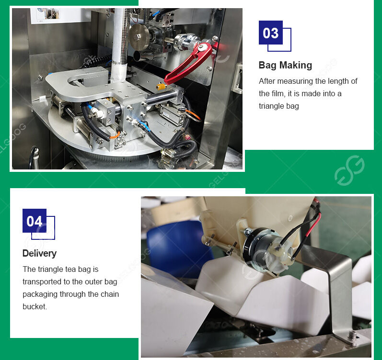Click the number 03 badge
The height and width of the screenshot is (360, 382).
click(271, 33)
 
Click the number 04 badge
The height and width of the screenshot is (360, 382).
click(35, 221)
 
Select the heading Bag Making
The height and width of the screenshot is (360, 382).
click(285, 65)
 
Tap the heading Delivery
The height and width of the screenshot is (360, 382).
click(39, 253)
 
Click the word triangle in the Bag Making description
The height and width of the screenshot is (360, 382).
click(272, 106)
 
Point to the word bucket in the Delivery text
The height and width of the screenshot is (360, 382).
click(35, 306)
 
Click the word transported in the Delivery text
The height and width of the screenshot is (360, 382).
click(43, 281)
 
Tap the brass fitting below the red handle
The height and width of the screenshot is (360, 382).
click(162, 87)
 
